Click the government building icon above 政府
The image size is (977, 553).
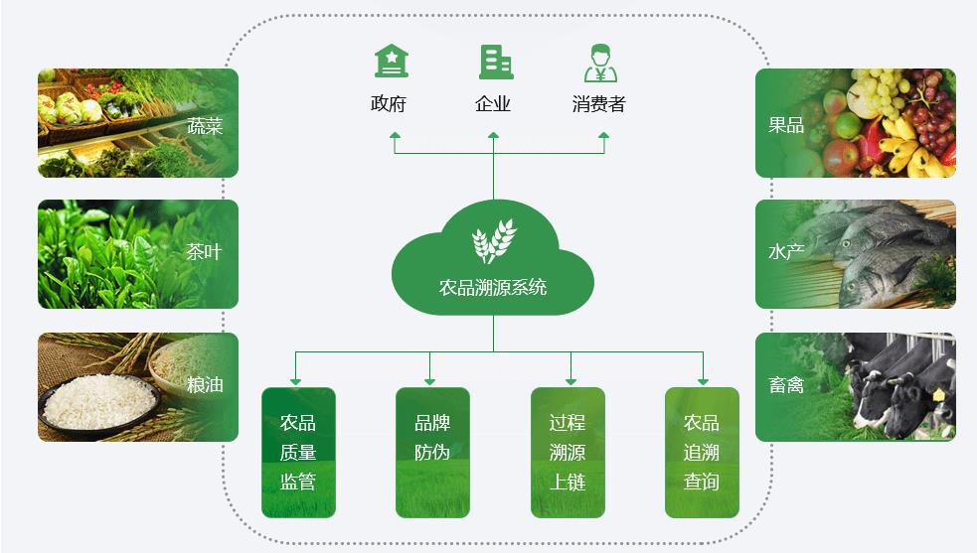[x=391, y=62]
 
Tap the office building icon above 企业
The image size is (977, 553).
[x=495, y=62]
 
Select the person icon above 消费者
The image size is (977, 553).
[x=600, y=62]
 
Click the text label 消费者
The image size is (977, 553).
[x=599, y=104]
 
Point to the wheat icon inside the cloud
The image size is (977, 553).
[x=493, y=240]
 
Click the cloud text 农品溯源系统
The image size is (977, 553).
[x=493, y=288]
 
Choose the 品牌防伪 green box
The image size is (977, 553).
[x=432, y=452]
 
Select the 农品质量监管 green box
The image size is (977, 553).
[x=298, y=452]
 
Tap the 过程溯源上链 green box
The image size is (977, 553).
[x=568, y=452]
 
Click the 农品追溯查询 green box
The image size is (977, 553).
[x=702, y=452]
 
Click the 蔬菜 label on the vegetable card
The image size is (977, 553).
[x=205, y=126]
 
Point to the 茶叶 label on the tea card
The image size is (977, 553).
[x=205, y=252]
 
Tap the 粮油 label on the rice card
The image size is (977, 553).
[x=205, y=384]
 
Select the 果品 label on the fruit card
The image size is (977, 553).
[x=786, y=125]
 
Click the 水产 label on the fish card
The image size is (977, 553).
[x=786, y=252]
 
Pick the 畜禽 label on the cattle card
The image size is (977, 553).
[x=786, y=384]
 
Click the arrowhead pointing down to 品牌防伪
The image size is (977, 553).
[x=429, y=381]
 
